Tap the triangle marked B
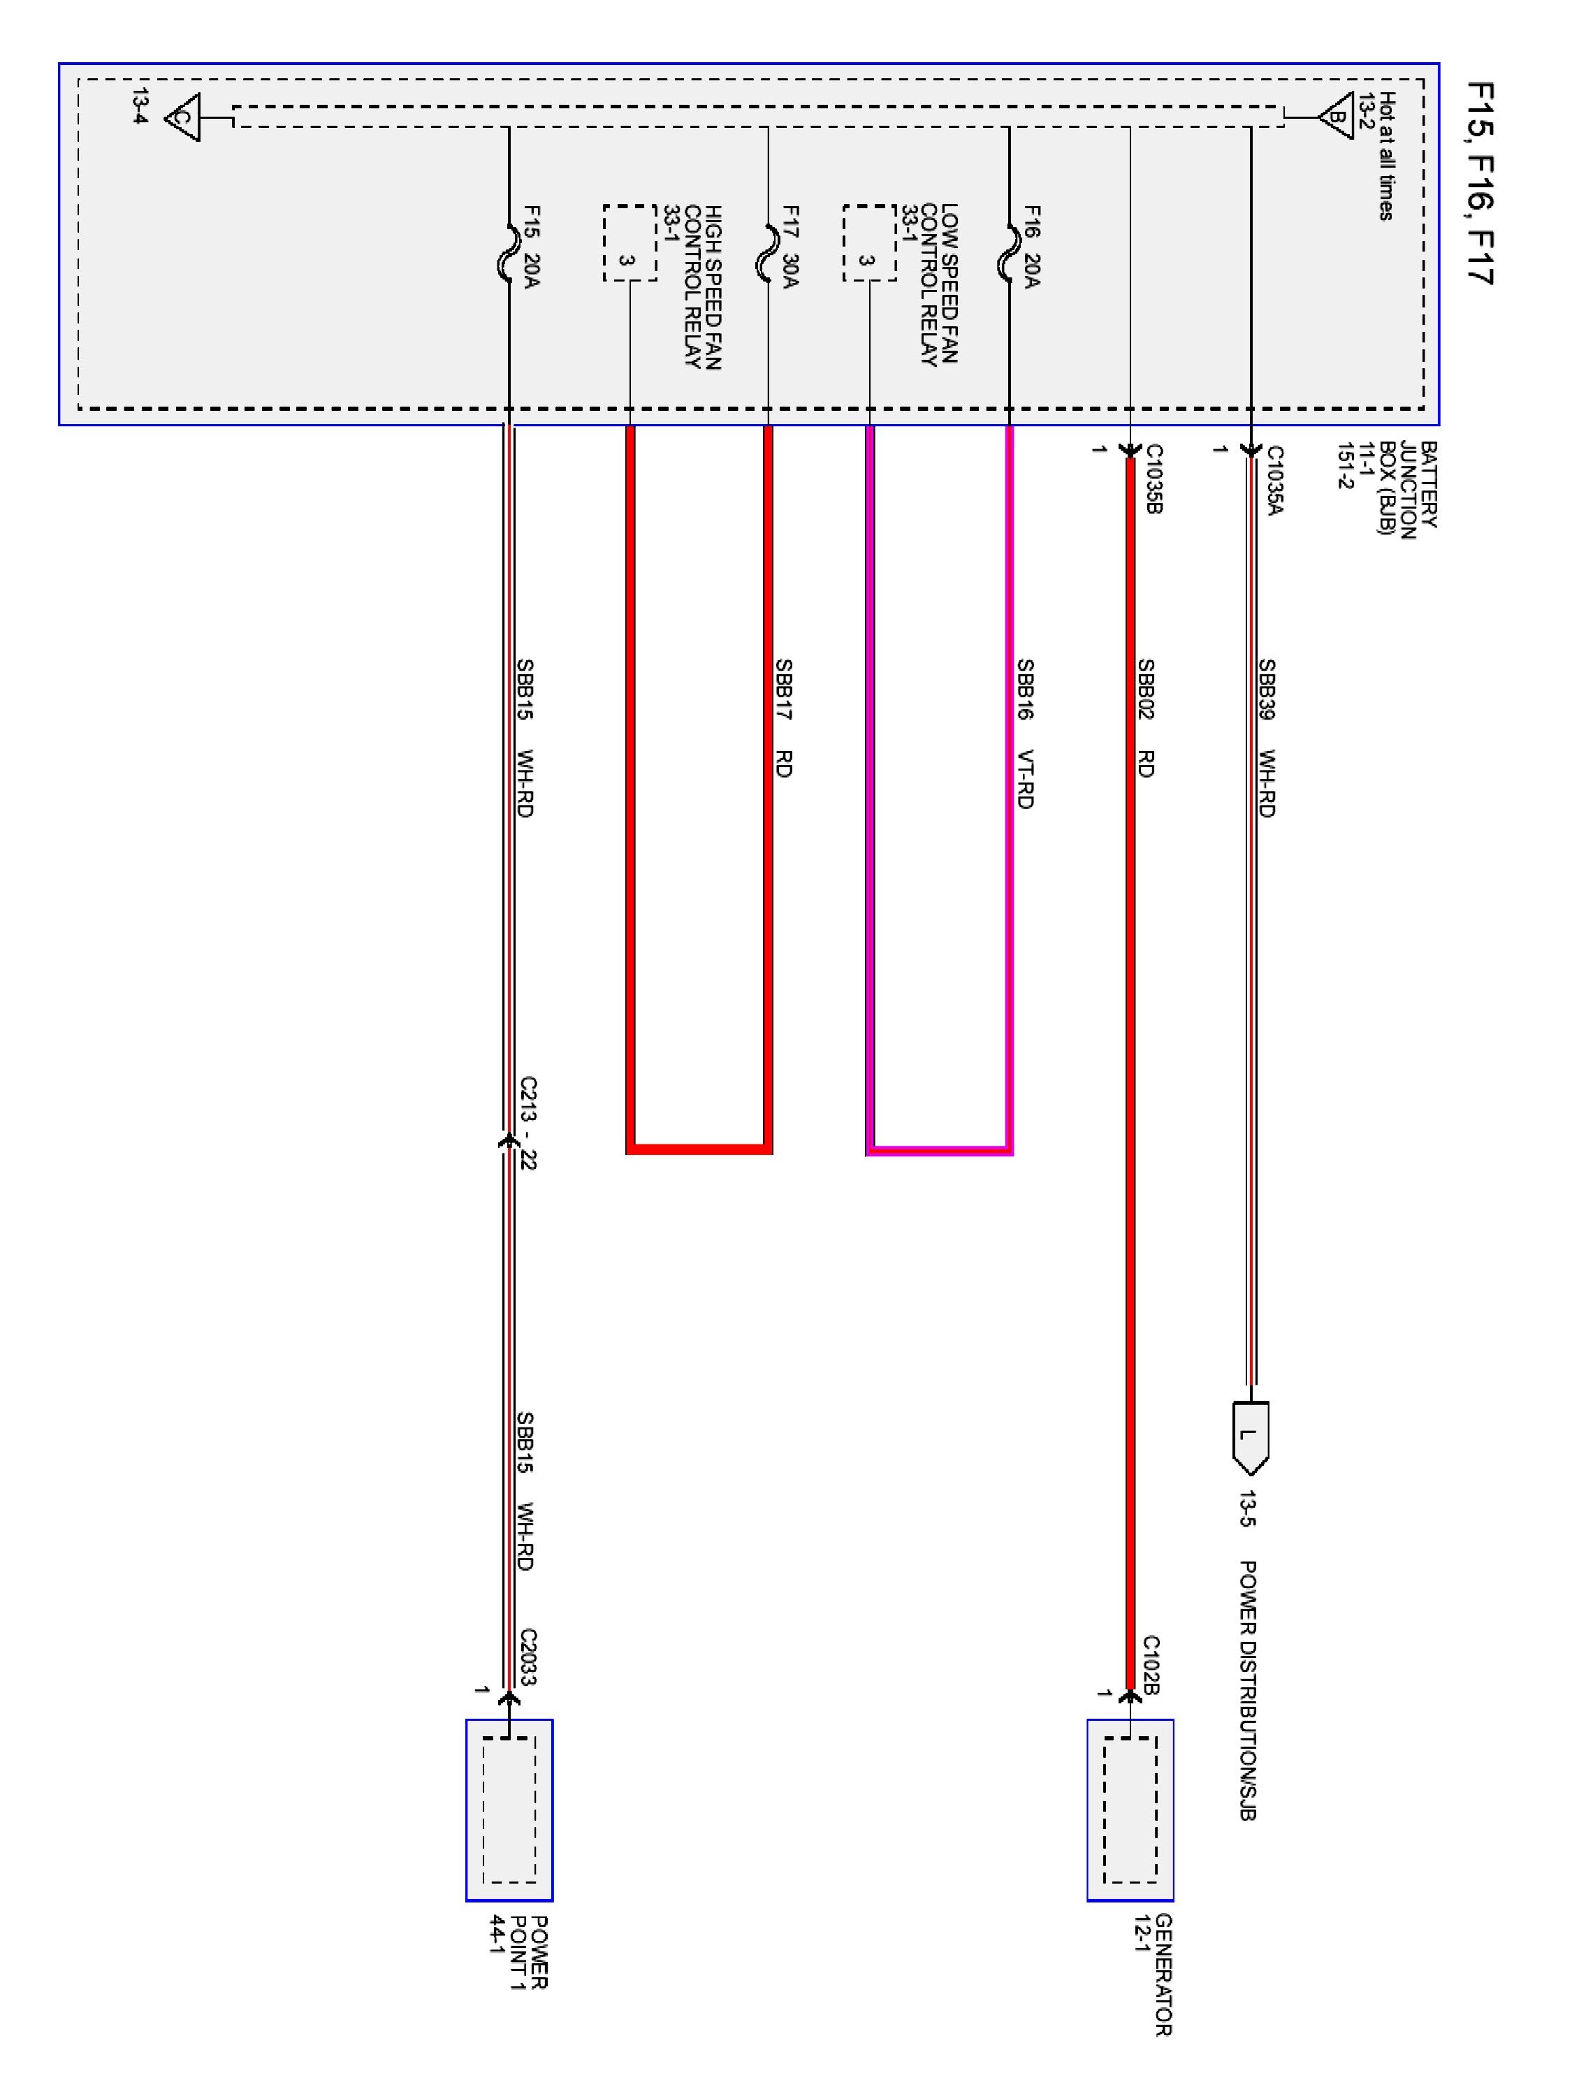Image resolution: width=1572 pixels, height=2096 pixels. pyautogui.click(x=1335, y=117)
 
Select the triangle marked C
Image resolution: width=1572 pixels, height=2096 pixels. pyautogui.click(x=184, y=119)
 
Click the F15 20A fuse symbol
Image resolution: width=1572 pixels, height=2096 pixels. pyautogui.click(x=509, y=253)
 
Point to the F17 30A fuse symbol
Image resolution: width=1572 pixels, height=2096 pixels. pyautogui.click(x=768, y=253)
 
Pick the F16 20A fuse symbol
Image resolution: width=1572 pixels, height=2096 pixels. pyautogui.click(x=1008, y=253)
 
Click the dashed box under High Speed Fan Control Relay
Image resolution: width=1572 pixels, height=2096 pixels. pyautogui.click(x=629, y=244)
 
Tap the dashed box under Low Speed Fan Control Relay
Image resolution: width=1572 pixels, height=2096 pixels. pyautogui.click(x=869, y=244)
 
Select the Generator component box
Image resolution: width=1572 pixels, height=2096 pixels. pyautogui.click(x=1130, y=1810)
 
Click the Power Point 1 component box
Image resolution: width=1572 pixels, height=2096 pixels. pyautogui.click(x=509, y=1810)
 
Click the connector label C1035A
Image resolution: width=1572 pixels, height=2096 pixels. pyautogui.click(x=1274, y=481)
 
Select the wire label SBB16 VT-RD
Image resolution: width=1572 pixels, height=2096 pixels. pyautogui.click(x=1024, y=734)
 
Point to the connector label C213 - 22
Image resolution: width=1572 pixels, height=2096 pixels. pyautogui.click(x=527, y=1123)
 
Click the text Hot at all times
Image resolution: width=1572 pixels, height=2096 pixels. pyautogui.click(x=1386, y=157)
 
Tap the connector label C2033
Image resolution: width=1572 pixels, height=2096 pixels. pyautogui.click(x=527, y=1657)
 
